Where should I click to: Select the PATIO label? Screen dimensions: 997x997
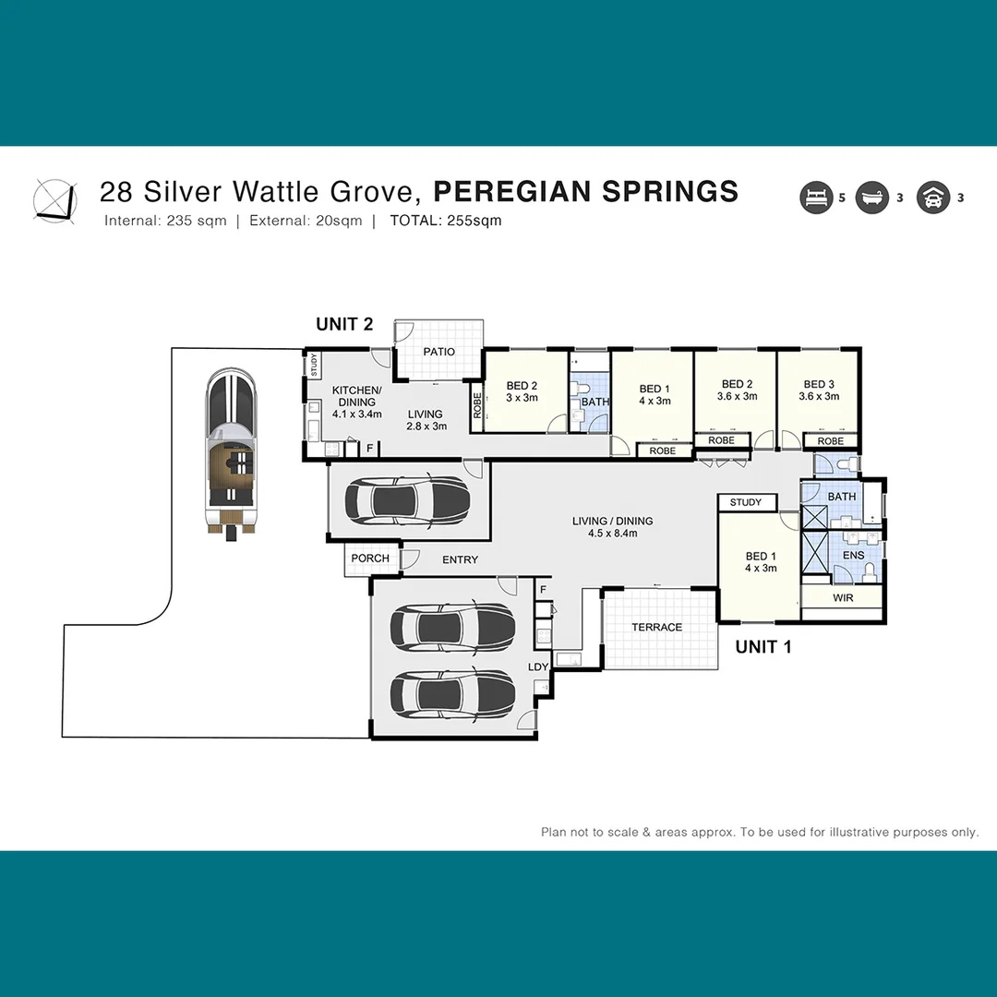[x=438, y=352]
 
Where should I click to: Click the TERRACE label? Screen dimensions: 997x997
[x=656, y=627]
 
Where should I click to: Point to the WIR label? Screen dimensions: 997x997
[x=842, y=598]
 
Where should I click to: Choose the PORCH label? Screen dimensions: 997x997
[x=370, y=559]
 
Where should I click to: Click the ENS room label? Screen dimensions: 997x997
[x=853, y=556]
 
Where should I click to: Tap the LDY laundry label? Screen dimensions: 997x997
[x=537, y=667]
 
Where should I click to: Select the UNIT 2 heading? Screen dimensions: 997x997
[x=344, y=324]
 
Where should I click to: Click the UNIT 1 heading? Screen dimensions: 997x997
[x=763, y=647]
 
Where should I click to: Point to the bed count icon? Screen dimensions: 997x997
[x=817, y=198]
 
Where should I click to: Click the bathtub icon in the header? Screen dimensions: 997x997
[x=871, y=198]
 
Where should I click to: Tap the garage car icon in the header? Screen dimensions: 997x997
[x=932, y=198]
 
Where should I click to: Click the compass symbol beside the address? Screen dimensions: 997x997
[x=54, y=198]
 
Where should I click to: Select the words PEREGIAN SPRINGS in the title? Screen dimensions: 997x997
[x=585, y=191]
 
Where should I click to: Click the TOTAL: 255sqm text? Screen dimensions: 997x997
[x=446, y=221]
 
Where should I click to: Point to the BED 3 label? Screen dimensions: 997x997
[x=819, y=390]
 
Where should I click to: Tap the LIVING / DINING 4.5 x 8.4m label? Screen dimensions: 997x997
[x=612, y=527]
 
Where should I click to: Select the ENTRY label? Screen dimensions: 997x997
[x=460, y=559]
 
